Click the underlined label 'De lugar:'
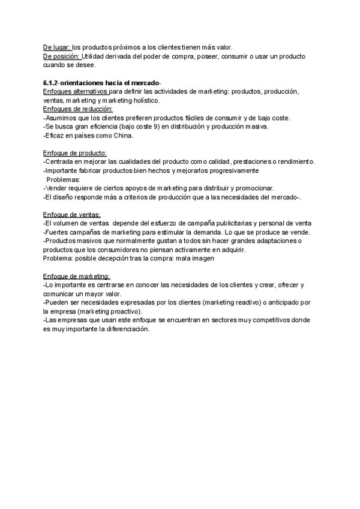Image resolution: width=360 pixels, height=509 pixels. click(x=57, y=47)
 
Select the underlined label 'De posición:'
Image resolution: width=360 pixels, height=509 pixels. click(x=62, y=56)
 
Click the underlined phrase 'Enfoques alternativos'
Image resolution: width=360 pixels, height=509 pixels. click(x=75, y=91)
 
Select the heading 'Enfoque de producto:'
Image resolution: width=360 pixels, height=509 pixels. click(x=75, y=153)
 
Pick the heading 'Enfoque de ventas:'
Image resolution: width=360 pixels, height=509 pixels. click(x=72, y=215)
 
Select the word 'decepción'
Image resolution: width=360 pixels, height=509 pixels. click(x=115, y=259)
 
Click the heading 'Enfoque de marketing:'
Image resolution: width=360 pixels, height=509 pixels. click(x=76, y=276)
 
